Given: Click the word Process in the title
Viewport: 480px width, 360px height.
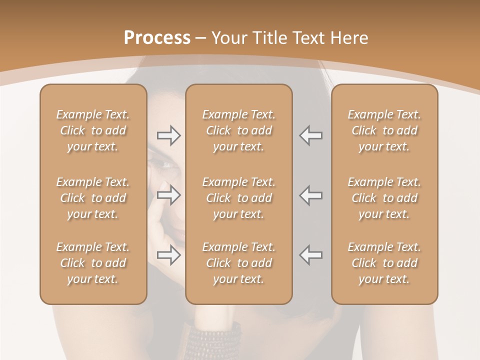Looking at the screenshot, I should point(157,37).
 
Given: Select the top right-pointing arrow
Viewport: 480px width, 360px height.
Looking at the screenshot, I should point(169,135).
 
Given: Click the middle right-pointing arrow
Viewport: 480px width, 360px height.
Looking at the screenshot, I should point(169,194).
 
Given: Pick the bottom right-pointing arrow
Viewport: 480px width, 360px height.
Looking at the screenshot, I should point(169,254).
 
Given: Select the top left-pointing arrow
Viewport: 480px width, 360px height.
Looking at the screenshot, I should point(311,135).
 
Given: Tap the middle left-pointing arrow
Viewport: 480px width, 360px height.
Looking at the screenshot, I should point(311,194).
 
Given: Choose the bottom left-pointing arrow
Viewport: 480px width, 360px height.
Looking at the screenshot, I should point(311,254).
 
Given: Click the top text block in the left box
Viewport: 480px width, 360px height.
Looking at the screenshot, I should point(93,130).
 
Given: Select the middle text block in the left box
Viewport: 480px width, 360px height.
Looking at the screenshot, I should point(93,198).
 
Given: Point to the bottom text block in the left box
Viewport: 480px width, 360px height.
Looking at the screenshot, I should point(93,263).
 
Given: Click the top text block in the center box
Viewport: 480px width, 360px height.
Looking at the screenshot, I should point(239,130).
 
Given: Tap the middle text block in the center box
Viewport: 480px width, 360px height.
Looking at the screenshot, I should point(239,198).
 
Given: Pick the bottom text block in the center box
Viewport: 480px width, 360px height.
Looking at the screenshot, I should point(239,263).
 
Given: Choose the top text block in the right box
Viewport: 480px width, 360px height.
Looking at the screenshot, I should point(384,130).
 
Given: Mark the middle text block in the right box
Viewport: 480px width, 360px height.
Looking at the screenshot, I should point(384,198).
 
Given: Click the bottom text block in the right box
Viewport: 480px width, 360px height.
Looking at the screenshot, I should point(384,263).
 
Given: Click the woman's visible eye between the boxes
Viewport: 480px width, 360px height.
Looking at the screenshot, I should point(167,164).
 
